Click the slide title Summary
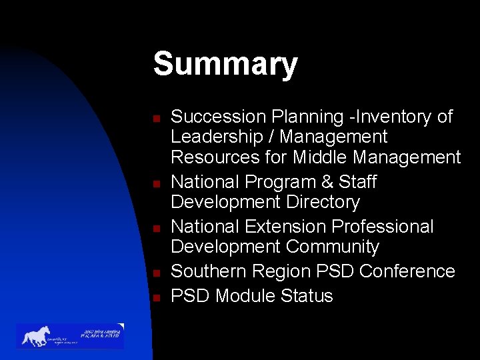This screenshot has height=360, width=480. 225,65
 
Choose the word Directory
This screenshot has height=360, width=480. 321,202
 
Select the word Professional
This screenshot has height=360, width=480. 382,227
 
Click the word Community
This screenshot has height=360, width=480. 333,247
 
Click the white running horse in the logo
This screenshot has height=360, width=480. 36,335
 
